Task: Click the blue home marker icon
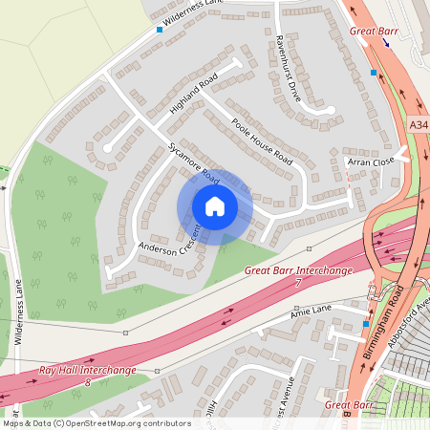pyautogui.click(x=215, y=206)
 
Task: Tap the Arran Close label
pyautogui.click(x=371, y=162)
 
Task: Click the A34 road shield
pyautogui.click(x=419, y=125)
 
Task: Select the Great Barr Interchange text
pyautogui.click(x=298, y=271)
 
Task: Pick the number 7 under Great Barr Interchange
pyautogui.click(x=298, y=284)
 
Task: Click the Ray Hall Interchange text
pyautogui.click(x=87, y=370)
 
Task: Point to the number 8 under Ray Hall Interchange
pyautogui.click(x=87, y=382)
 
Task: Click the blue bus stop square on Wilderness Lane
pyautogui.click(x=160, y=30)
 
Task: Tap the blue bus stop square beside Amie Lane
pyautogui.click(x=365, y=325)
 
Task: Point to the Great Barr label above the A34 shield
pyautogui.click(x=373, y=32)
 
